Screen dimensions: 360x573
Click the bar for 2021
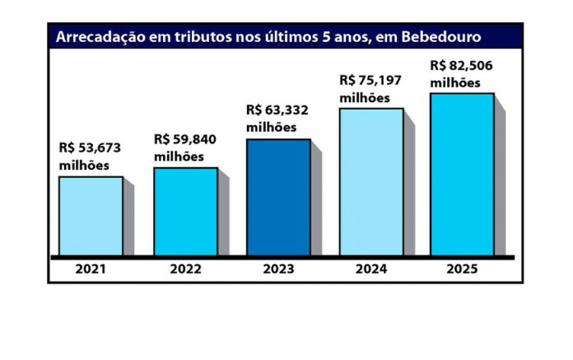point(91,216)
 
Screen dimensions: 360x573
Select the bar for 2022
point(185,212)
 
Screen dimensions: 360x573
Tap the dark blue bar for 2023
point(279,198)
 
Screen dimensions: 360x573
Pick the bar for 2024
point(371,182)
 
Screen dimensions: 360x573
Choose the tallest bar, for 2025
point(462,175)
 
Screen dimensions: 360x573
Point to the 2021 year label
point(91,269)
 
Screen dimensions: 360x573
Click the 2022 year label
point(185,269)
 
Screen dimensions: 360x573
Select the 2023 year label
point(279,269)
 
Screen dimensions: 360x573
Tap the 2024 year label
point(371,269)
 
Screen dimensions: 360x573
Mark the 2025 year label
point(462,269)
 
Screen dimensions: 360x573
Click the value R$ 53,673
point(91,148)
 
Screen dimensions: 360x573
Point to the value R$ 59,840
point(185,139)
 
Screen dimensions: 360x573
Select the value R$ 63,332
point(278,110)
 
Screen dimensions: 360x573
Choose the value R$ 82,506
point(463,66)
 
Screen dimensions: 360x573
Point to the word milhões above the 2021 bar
point(84,165)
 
